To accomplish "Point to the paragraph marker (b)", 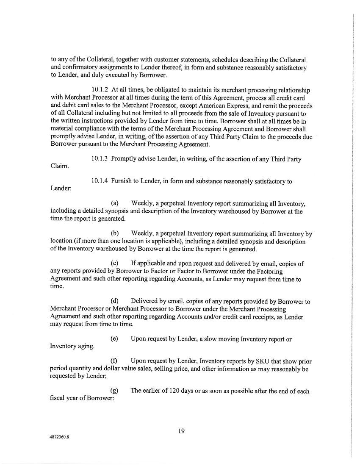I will tap(114, 233).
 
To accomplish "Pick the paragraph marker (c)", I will tap(114, 264).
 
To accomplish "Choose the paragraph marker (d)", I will tap(114, 302).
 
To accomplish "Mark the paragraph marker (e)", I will tap(114, 339).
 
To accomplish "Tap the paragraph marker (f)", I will tap(114, 361).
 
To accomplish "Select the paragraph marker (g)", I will tap(114, 391).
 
